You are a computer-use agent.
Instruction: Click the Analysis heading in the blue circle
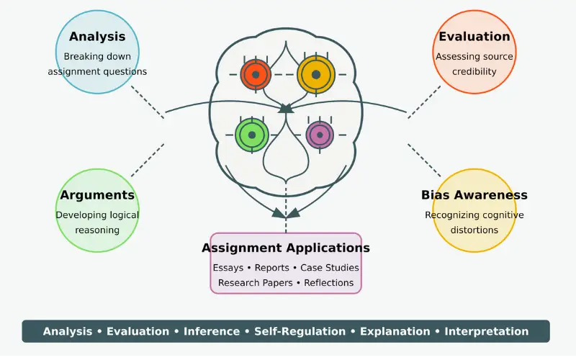coord(97,37)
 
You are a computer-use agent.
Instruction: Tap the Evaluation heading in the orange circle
coord(474,37)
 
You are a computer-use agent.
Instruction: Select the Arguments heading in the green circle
coord(97,195)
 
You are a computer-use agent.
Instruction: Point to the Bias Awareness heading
coord(474,195)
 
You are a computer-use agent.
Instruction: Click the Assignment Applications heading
coord(286,248)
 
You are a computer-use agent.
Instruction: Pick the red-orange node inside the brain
coord(256,73)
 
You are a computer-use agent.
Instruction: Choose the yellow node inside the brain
coord(315,73)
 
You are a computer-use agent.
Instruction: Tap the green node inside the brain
coord(251,135)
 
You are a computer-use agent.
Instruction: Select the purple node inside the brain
coord(319,135)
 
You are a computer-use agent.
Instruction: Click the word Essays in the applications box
coord(228,268)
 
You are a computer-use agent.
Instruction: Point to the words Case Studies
coord(330,268)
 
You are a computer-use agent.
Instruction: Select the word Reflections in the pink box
coord(328,283)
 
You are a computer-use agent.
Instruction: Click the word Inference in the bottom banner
coord(212,332)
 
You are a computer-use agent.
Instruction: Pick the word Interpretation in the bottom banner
coord(486,332)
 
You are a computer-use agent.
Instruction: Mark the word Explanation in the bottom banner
coord(395,332)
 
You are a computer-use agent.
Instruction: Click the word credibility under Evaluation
coord(474,72)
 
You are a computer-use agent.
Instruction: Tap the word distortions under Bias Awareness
coord(474,230)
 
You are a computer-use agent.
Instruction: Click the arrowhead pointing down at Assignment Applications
coord(286,212)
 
